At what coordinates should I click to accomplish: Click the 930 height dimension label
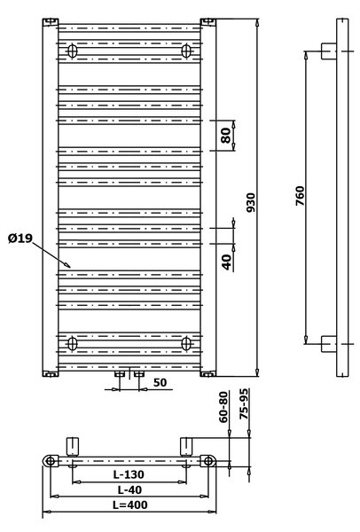point(250,202)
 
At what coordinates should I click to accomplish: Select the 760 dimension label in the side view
point(300,195)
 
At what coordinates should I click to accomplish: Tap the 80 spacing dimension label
point(226,135)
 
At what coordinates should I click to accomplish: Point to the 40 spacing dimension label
point(226,262)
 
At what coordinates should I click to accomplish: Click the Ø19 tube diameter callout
point(20,239)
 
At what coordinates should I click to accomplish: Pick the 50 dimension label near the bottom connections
point(160,382)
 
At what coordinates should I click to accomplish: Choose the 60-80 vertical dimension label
point(223,407)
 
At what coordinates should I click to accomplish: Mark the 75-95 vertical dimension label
point(245,403)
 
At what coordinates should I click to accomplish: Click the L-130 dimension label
point(129,474)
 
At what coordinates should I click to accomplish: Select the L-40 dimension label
point(129,489)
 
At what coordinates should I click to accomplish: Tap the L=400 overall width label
point(130,505)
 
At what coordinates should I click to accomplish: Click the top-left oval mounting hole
point(73,51)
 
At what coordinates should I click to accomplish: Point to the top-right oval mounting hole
point(186,51)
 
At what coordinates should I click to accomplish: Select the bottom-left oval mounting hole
point(73,343)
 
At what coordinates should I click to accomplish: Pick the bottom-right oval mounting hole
point(186,343)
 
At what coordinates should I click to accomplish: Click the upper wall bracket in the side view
point(329,51)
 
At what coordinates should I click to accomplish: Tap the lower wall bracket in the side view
point(329,344)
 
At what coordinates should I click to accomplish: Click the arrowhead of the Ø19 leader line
point(68,265)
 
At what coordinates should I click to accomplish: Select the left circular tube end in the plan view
point(51,461)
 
